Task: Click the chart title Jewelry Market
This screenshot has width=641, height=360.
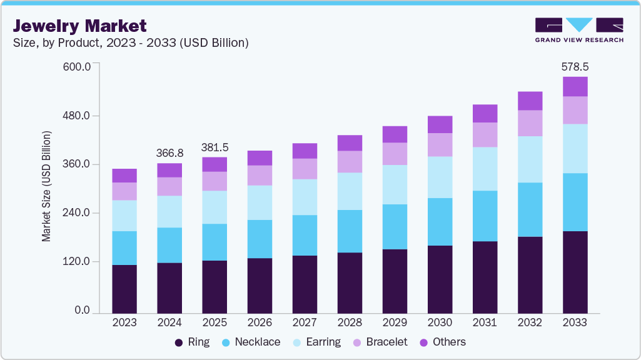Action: coord(80,26)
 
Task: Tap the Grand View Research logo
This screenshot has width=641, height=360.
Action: coord(578,29)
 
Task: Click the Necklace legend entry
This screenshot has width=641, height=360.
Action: coord(251,342)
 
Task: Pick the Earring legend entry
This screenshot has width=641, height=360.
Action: coord(316,342)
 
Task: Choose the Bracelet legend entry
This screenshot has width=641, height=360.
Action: coord(380,342)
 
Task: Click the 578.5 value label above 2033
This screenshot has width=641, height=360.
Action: coord(575,66)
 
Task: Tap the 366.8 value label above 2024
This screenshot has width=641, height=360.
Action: coord(169,153)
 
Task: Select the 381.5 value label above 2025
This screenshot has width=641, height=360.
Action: coord(215,147)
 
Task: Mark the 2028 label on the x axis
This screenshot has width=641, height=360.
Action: coord(350,322)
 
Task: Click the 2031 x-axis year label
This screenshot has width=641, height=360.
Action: coord(485,322)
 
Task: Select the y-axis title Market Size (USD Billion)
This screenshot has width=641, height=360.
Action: coord(46,186)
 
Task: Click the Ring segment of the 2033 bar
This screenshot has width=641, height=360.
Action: coord(575,272)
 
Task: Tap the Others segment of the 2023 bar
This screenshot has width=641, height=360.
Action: coord(124,176)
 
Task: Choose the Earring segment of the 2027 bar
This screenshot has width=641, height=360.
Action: coord(305,197)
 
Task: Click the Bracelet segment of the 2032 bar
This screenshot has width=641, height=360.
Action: coord(530,123)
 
